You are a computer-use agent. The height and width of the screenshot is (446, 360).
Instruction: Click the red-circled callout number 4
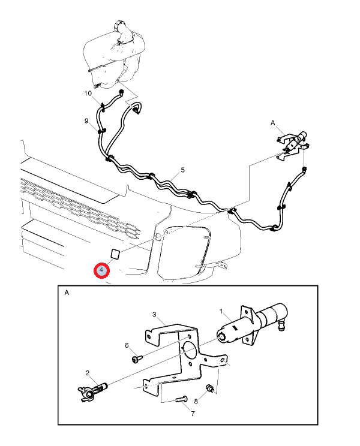tap(101, 270)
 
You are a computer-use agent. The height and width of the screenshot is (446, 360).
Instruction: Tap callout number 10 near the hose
tap(88, 94)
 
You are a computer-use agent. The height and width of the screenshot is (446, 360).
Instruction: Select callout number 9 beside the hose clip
tap(86, 121)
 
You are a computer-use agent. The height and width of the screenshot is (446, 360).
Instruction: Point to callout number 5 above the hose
tap(183, 170)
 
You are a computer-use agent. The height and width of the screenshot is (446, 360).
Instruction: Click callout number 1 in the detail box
tap(221, 312)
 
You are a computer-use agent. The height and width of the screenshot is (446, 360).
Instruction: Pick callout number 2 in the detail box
tap(88, 373)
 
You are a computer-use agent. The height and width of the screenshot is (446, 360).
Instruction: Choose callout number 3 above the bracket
tap(154, 314)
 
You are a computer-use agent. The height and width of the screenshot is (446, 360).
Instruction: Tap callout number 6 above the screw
tap(127, 345)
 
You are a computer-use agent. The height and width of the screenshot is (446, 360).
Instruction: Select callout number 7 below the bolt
tap(193, 414)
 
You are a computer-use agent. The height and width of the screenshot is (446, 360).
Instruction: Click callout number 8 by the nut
tap(196, 402)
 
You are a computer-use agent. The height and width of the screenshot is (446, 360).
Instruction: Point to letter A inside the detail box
tap(67, 293)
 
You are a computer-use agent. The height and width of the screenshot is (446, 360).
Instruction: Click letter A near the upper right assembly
tap(272, 123)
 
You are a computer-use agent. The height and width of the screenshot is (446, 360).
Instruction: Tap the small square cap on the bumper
tap(115, 254)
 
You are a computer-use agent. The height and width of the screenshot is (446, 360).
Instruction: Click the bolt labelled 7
tap(181, 399)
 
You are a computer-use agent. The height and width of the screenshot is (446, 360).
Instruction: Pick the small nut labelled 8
tap(210, 388)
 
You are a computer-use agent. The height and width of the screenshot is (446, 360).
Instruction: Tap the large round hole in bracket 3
tap(188, 349)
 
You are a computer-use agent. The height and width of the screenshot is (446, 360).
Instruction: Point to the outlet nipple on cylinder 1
tap(283, 325)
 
